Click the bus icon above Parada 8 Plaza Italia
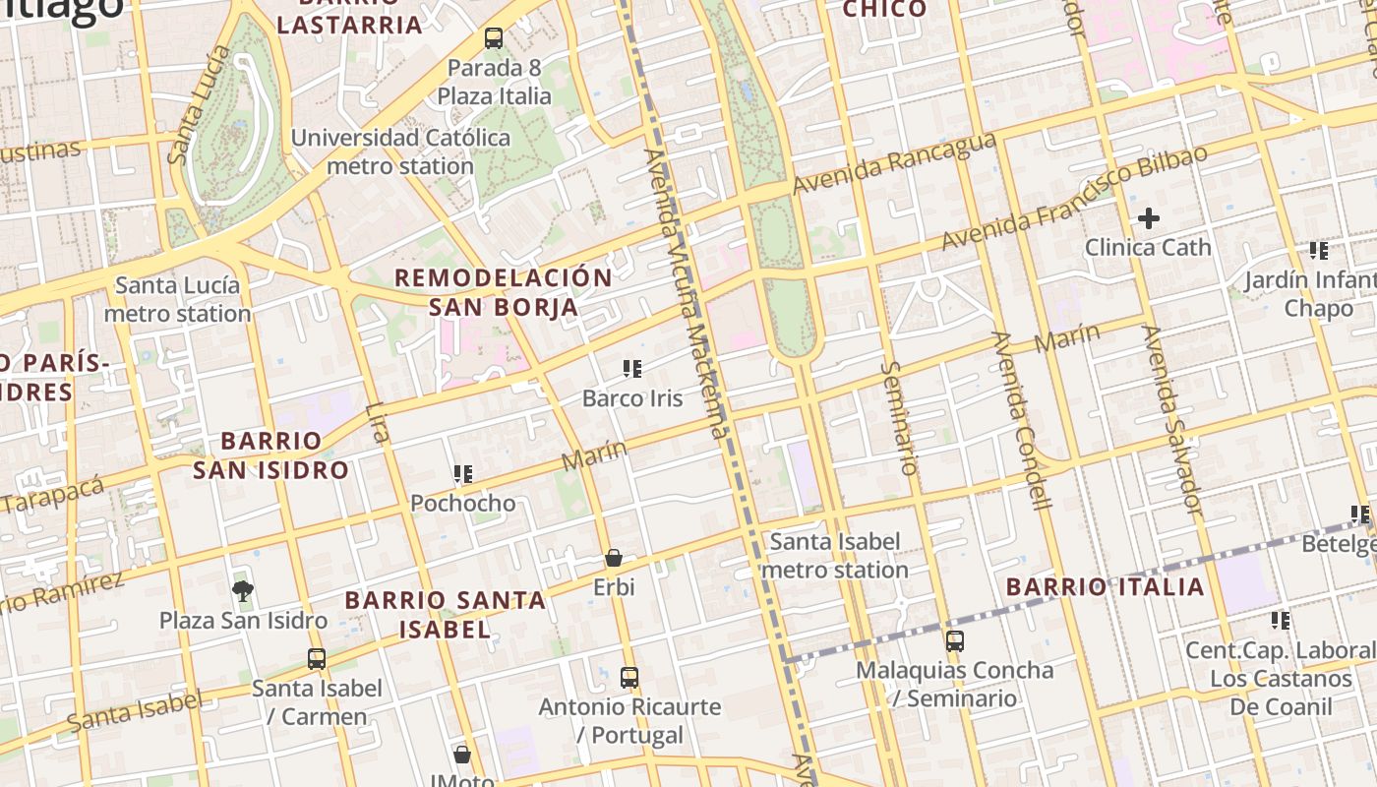tap(494, 39)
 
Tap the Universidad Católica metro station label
tap(400, 152)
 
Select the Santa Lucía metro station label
tap(177, 300)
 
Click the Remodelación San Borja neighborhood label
tap(504, 292)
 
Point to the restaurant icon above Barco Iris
tap(632, 370)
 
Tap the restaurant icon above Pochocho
tap(463, 474)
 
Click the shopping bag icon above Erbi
tap(614, 559)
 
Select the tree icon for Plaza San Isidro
tap(243, 591)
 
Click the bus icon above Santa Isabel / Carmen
tap(317, 659)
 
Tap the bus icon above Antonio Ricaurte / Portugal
tap(629, 678)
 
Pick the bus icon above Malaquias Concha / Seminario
tap(955, 641)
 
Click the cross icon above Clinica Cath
tap(1148, 218)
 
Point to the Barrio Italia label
tap(1106, 587)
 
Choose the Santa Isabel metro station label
tap(835, 556)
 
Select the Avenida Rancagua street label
tap(894, 163)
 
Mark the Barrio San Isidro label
tap(270, 455)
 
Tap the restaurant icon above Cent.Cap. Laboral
tap(1280, 621)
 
